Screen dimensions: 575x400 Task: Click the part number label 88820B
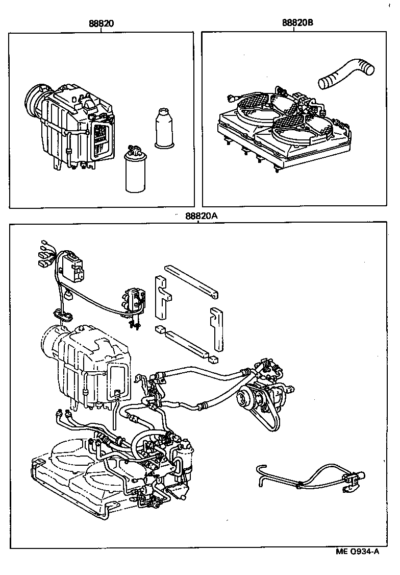(294, 23)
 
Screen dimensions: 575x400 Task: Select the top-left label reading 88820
(102, 23)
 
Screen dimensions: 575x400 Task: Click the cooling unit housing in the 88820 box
(77, 128)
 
